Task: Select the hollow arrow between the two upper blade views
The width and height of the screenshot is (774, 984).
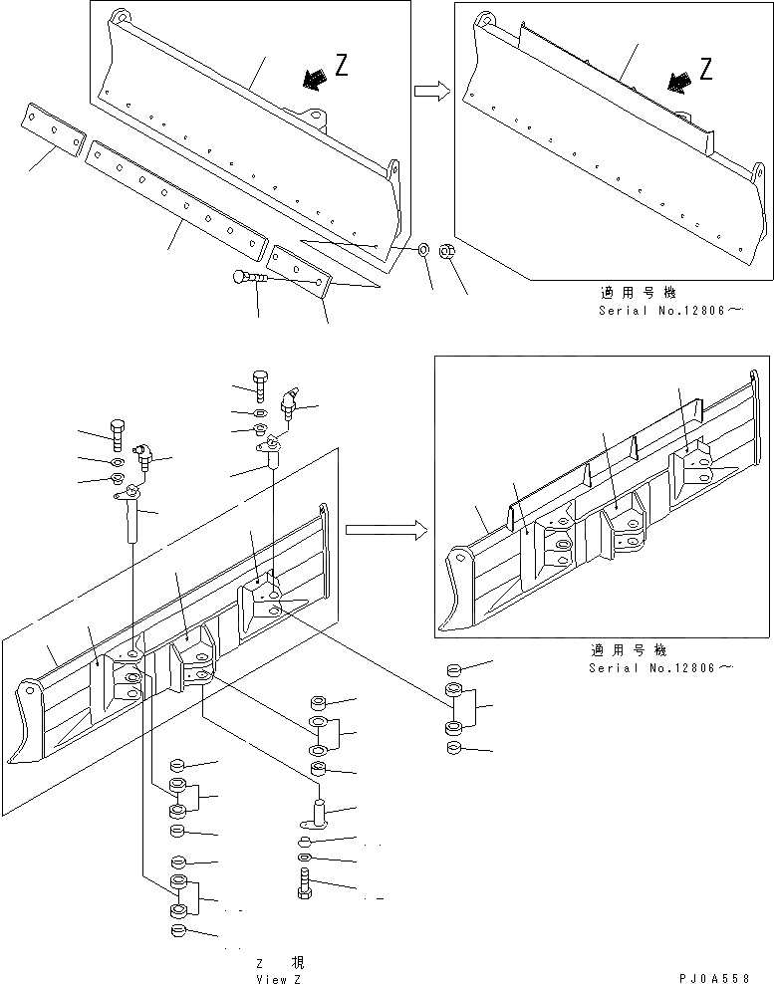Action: pos(430,92)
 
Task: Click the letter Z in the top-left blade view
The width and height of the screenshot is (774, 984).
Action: pos(342,67)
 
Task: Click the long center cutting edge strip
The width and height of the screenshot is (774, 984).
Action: pos(176,194)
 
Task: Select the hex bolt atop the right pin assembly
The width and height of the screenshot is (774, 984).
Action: pos(260,385)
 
